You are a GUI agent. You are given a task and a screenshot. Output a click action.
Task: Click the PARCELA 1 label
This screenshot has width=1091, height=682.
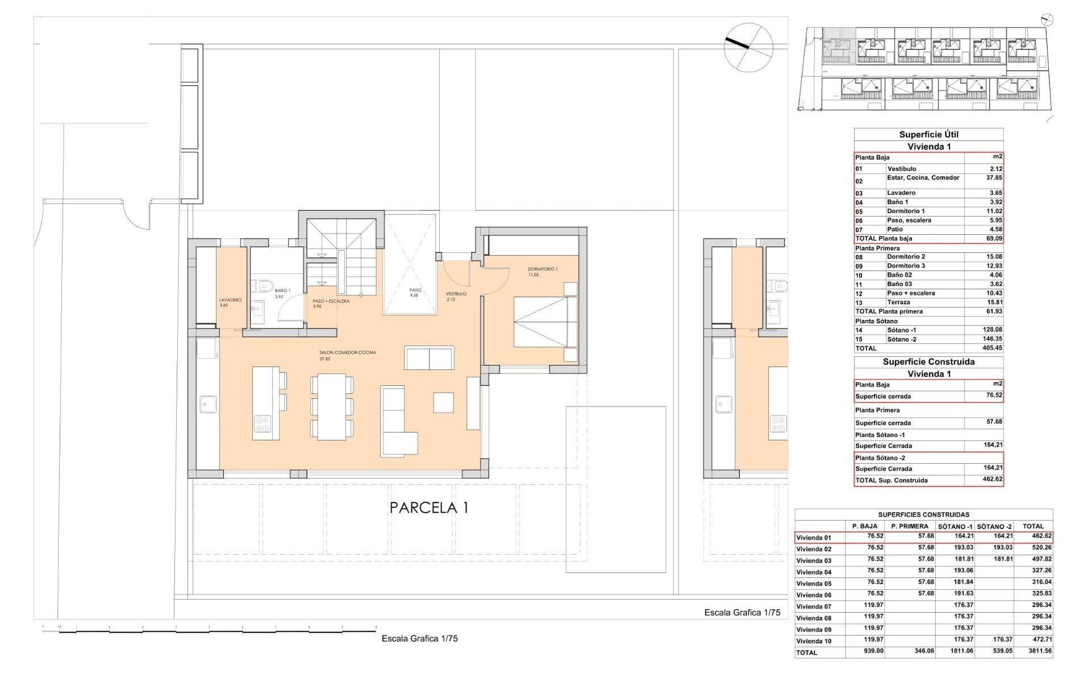click(429, 508)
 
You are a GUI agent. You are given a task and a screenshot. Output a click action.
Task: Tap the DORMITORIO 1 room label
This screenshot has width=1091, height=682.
click(543, 269)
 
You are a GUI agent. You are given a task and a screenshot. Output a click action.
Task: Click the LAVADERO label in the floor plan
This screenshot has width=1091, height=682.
click(230, 300)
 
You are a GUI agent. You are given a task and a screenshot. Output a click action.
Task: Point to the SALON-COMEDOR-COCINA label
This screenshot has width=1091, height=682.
click(347, 352)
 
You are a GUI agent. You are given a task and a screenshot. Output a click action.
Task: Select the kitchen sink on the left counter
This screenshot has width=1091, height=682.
click(205, 405)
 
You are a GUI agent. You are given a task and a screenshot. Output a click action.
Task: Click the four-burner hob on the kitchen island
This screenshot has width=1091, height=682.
click(263, 423)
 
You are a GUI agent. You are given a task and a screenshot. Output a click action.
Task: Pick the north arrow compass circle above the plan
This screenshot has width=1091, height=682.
click(748, 47)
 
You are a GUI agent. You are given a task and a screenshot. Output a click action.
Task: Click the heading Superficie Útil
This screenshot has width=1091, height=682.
click(928, 135)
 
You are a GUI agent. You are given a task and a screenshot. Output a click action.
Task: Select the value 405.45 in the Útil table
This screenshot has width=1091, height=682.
click(992, 348)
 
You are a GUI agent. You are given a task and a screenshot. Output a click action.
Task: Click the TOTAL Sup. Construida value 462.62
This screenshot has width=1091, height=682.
click(992, 480)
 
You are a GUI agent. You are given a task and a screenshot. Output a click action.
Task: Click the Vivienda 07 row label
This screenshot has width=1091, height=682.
click(814, 606)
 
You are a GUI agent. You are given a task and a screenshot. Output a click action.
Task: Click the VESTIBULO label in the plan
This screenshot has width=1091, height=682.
click(456, 294)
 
